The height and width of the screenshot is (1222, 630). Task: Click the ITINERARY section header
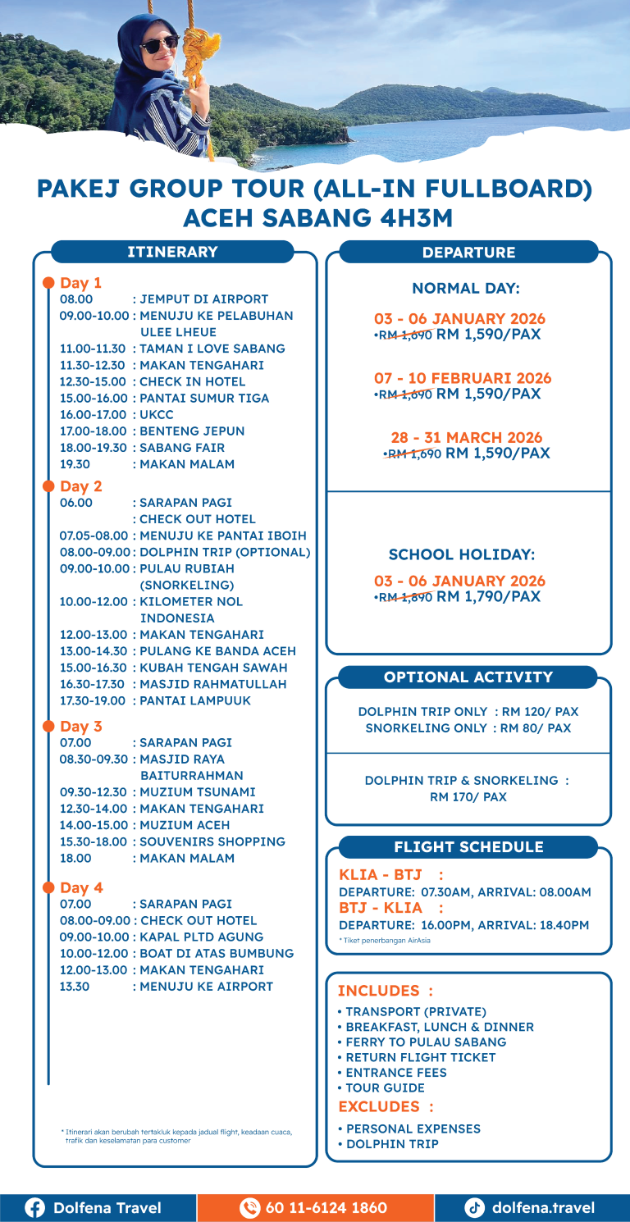tap(172, 252)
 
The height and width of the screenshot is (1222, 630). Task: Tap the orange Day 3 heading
tap(81, 727)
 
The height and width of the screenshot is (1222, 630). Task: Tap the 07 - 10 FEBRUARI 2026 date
tap(463, 378)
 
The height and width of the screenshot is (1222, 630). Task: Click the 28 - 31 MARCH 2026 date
tap(466, 438)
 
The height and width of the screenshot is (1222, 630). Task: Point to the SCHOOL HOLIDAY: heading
tap(465, 554)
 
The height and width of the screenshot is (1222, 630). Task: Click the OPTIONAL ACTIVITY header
tap(468, 677)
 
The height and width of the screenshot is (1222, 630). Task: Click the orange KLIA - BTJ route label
tap(380, 875)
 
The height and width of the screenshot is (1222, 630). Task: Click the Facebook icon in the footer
tap(34, 1207)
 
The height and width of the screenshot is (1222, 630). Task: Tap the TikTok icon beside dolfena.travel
tap(475, 1207)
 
